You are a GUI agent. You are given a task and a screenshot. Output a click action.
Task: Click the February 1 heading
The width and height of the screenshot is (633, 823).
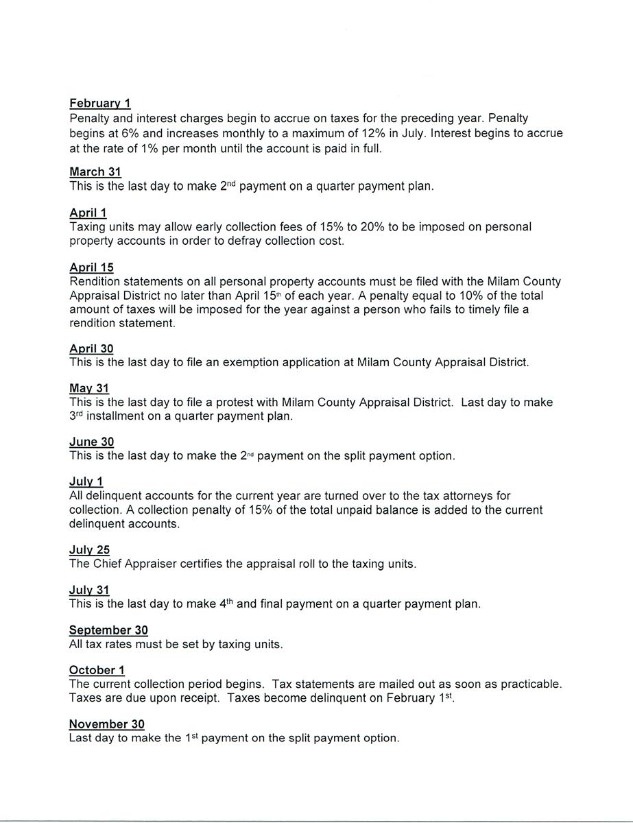click(100, 104)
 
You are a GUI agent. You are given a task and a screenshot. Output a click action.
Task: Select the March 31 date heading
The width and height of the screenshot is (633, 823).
click(95, 172)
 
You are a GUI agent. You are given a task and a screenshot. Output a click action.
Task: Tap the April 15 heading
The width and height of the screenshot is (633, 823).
click(91, 267)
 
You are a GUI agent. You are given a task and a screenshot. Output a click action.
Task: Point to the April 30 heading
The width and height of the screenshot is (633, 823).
click(91, 348)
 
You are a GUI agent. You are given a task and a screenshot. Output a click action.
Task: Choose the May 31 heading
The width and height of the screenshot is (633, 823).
click(89, 389)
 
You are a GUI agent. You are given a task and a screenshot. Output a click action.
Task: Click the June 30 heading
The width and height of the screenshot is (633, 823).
click(91, 442)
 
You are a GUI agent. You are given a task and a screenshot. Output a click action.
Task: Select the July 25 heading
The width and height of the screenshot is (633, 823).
click(89, 550)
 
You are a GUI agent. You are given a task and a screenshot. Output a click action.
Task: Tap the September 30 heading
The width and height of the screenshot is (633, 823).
click(108, 630)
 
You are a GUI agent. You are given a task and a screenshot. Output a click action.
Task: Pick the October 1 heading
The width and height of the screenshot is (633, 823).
click(97, 670)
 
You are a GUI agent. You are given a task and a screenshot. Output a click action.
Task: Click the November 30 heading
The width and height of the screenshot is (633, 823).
click(106, 724)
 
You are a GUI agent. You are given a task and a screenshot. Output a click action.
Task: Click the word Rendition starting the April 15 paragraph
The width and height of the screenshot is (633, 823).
click(95, 282)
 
